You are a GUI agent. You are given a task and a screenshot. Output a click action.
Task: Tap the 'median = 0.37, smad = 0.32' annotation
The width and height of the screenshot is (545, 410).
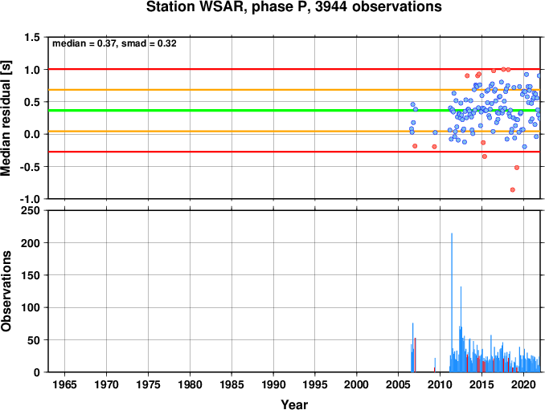coord(114,43)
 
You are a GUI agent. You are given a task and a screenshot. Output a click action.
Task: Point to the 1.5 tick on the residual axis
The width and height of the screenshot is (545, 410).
coord(32,37)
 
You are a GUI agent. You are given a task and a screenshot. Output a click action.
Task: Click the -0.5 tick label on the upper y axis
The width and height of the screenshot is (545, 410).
coord(30,167)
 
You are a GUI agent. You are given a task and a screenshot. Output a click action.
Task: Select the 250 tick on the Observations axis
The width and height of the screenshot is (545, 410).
coord(31,210)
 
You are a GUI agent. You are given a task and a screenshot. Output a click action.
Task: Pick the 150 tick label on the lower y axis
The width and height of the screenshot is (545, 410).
coord(31,275)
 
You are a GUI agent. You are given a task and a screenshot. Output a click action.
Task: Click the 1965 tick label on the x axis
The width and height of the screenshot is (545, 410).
coord(64,384)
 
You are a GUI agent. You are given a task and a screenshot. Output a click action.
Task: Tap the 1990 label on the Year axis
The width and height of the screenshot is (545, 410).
coord(273,384)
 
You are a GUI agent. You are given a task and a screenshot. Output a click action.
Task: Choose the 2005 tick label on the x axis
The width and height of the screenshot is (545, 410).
coord(399,384)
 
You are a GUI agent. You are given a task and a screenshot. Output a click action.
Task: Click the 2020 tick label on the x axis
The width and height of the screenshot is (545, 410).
coord(523,384)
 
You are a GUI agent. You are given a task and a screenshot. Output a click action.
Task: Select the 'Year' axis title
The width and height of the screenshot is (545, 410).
coord(294,404)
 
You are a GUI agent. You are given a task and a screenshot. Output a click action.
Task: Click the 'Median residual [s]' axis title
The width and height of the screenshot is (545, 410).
coord(6,118)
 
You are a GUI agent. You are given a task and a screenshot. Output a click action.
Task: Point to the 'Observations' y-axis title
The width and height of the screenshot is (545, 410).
coord(6,291)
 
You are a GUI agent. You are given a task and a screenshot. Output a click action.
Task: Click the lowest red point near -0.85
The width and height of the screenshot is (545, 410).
coord(512,189)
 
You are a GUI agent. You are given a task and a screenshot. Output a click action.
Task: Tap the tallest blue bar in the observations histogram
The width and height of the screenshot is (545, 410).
coord(452,302)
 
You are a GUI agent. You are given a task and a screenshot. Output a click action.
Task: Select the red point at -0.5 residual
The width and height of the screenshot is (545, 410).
coord(517,168)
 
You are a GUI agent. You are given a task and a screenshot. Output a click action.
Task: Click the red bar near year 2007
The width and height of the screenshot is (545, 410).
coord(415,355)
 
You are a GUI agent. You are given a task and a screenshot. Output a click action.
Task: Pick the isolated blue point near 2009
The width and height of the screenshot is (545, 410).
coord(435,132)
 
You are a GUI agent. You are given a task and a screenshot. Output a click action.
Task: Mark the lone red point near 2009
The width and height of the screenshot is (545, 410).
coord(434,147)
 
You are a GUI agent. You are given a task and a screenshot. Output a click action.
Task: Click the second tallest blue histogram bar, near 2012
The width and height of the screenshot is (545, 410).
coord(461,329)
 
